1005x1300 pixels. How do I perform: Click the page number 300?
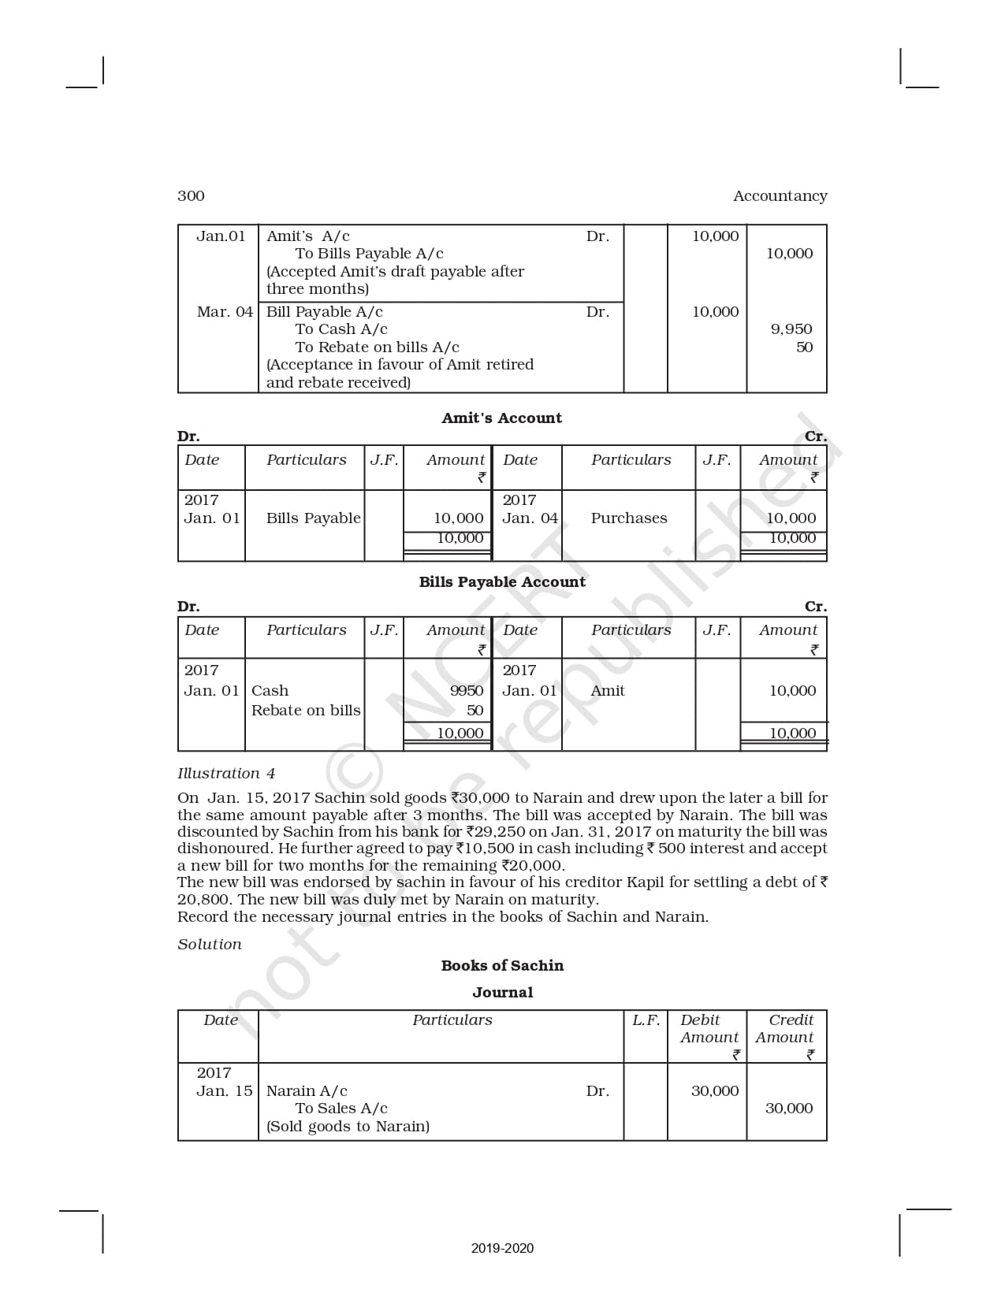(191, 196)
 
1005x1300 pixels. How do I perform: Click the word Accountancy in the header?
(780, 196)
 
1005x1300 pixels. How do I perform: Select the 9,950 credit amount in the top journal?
(791, 329)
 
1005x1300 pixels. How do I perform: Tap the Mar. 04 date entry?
(225, 312)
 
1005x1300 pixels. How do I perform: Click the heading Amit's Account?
(501, 418)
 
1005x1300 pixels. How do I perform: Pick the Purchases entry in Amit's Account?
(628, 518)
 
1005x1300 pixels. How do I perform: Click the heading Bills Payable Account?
(502, 582)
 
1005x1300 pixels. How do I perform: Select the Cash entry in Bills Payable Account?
(270, 691)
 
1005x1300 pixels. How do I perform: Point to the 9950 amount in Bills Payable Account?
(466, 691)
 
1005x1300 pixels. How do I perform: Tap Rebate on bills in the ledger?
(306, 711)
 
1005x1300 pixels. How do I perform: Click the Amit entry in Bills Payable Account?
(607, 691)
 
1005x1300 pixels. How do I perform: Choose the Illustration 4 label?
(226, 774)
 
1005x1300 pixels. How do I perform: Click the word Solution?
(210, 945)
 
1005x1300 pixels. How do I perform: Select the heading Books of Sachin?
(502, 966)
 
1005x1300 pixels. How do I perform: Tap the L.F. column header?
(646, 1020)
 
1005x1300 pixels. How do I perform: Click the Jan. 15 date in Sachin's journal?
(225, 1091)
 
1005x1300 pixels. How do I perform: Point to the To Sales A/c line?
(341, 1109)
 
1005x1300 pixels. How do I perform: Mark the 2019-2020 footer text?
(502, 1248)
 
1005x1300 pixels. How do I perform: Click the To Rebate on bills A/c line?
(377, 347)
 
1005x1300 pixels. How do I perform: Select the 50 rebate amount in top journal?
(804, 347)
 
